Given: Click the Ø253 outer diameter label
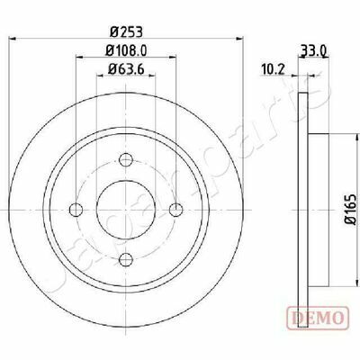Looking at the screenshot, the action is [126, 31].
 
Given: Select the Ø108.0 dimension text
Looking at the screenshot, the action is [126, 50].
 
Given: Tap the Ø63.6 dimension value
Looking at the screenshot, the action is [126, 69].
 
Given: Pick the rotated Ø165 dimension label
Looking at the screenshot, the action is [350, 209].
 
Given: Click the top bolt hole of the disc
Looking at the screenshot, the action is [126, 160].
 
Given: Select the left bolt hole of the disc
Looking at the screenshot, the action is [76, 210].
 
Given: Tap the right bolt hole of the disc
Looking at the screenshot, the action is [175, 210].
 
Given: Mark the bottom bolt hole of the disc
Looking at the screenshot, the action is [126, 259].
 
